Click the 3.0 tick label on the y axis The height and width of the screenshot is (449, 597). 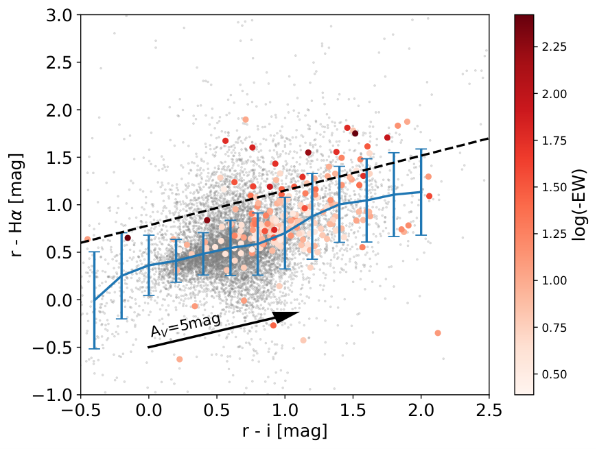[x=59, y=16]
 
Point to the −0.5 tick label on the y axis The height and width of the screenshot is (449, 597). [x=53, y=348]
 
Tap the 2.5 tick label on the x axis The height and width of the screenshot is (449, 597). [x=489, y=411]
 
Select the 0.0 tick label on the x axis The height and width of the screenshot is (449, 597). [x=148, y=411]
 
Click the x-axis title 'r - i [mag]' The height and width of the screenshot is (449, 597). [x=285, y=431]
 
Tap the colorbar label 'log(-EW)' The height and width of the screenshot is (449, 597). [x=580, y=204]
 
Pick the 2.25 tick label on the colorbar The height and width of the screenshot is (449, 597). [x=554, y=47]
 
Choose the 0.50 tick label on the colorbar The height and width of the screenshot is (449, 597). [x=554, y=374]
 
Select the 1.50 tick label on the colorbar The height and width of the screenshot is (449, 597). [x=554, y=187]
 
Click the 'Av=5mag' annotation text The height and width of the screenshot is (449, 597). [x=185, y=326]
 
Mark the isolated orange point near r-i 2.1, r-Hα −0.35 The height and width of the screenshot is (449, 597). [x=438, y=333]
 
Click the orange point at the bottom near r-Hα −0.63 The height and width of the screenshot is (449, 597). [x=180, y=359]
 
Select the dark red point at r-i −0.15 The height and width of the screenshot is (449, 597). [x=128, y=238]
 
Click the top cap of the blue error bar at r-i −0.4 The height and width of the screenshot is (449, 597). [x=94, y=252]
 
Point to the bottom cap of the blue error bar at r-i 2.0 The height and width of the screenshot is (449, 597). [x=421, y=235]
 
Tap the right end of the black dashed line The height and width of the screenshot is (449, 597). [x=489, y=138]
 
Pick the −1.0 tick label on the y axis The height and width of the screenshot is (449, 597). [x=53, y=395]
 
